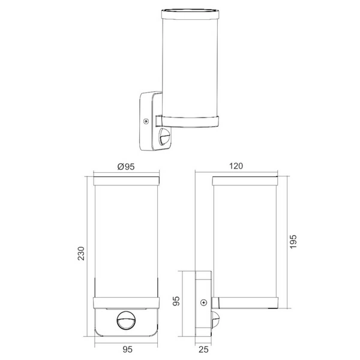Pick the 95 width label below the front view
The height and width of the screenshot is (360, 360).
[127, 347]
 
